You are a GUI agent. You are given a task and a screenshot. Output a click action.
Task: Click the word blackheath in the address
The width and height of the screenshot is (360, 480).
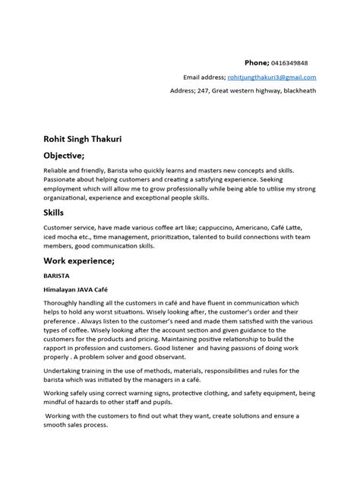tap(298, 91)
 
